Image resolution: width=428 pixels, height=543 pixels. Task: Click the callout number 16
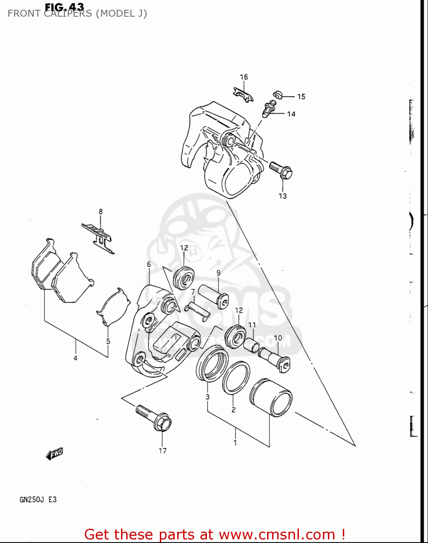(244, 77)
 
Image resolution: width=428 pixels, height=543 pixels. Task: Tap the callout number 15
(301, 97)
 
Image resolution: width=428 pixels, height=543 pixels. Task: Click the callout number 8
(101, 212)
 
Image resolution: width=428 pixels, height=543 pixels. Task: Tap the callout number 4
(75, 358)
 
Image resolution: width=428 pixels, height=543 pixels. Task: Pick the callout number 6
(149, 264)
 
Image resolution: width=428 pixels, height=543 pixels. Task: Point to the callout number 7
(193, 292)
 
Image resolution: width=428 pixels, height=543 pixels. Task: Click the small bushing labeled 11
(251, 344)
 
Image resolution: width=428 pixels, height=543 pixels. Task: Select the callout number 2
(233, 409)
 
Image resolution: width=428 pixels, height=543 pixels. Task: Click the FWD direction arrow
(55, 454)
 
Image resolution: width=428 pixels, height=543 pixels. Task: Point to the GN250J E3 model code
(38, 500)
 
